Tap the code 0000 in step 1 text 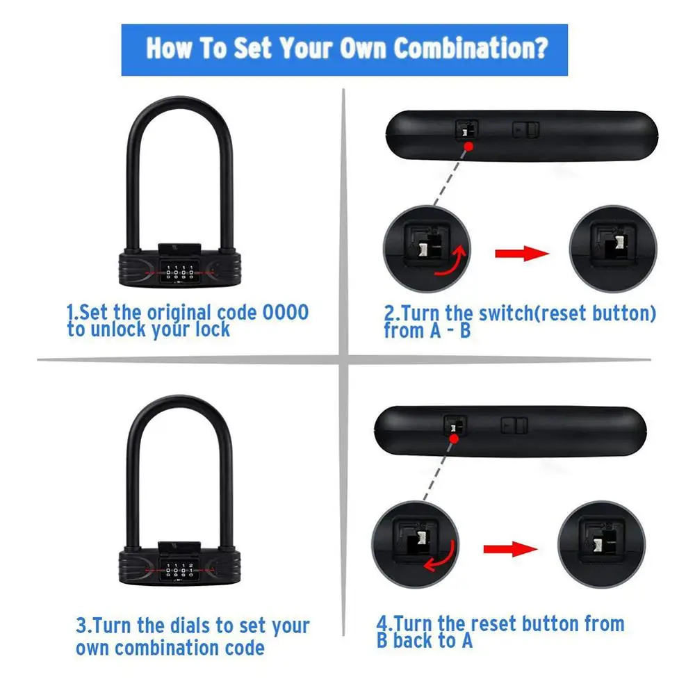pyautogui.click(x=285, y=312)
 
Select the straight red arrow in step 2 pyautogui.click(x=521, y=253)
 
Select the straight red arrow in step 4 pyautogui.click(x=511, y=549)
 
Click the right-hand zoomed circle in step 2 pyautogui.click(x=612, y=249)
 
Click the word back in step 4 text pyautogui.click(x=424, y=640)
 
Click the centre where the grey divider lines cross pyautogui.click(x=344, y=359)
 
